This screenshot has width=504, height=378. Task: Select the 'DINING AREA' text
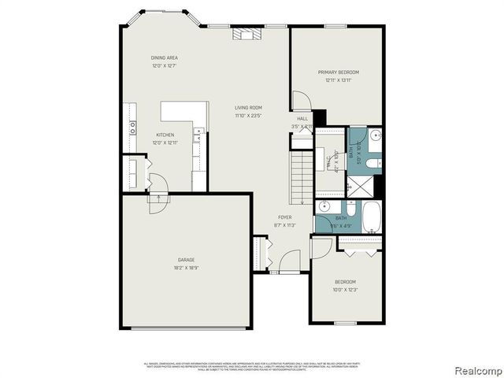[165, 57]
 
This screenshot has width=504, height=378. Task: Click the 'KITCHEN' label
[165, 135]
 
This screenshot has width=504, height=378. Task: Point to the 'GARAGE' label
[186, 259]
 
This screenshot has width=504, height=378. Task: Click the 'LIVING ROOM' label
[248, 108]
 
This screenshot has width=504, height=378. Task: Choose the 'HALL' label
[302, 119]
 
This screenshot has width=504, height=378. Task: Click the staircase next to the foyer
[302, 176]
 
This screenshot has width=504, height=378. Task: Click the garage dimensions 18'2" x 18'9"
[186, 267]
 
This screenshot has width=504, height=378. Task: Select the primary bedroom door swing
[301, 101]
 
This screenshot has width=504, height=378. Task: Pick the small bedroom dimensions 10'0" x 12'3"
[345, 290]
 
